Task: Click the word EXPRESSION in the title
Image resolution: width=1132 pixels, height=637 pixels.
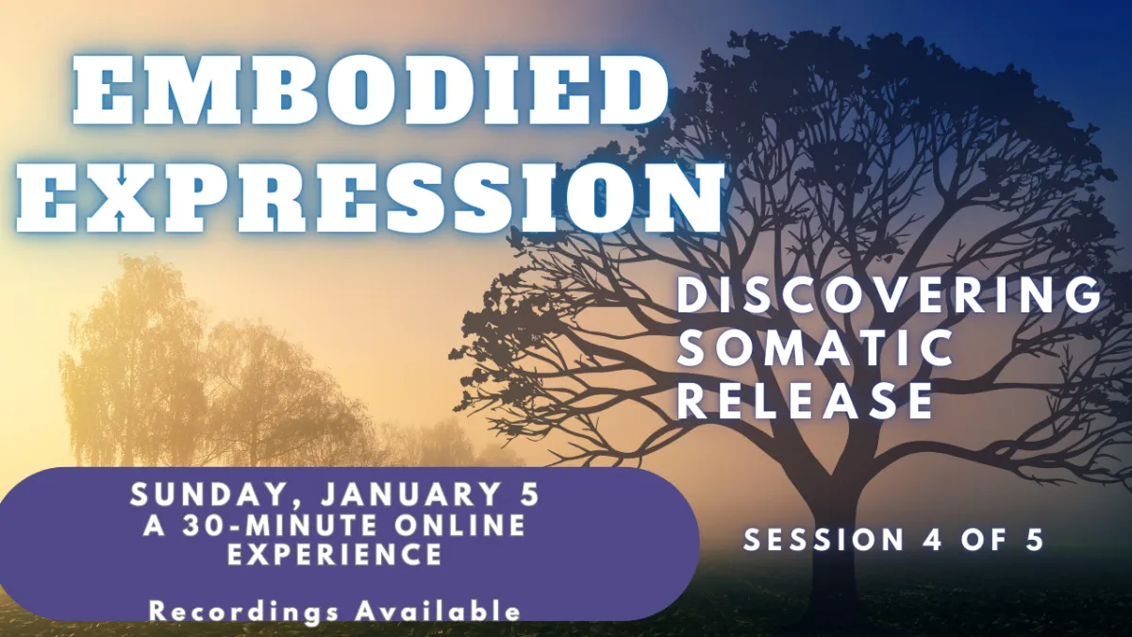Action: (x=370, y=196)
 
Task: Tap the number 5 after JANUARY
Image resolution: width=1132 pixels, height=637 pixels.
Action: (x=528, y=495)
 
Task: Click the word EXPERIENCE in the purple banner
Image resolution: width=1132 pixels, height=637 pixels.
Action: (x=335, y=554)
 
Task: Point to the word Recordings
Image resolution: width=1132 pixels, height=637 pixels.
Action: (x=243, y=612)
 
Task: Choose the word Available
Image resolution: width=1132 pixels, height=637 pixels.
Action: (x=438, y=611)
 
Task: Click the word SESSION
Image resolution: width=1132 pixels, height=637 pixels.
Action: (x=824, y=540)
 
